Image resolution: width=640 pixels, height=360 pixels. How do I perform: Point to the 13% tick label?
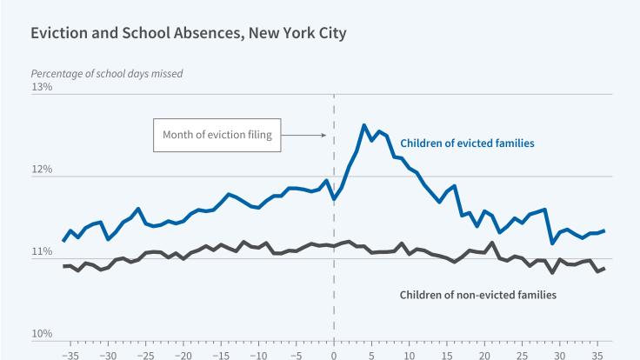42,88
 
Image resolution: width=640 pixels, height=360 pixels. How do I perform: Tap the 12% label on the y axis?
42,170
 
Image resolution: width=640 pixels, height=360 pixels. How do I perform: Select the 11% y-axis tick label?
42,252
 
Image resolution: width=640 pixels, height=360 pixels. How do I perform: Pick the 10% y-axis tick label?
42,334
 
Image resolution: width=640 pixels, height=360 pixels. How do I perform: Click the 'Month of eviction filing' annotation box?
217,135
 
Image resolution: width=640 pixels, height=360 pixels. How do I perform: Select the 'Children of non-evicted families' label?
477,295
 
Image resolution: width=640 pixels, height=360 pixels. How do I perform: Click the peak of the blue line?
364,125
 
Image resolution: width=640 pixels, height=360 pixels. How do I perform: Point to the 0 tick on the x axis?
334,355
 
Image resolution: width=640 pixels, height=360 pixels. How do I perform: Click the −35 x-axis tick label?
70,355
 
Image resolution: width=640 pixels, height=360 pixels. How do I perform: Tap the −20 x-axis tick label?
183,355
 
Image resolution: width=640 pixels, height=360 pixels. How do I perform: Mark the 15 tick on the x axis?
447,355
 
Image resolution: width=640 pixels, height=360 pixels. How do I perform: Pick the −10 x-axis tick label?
258,355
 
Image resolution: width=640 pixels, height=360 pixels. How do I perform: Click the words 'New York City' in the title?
297,35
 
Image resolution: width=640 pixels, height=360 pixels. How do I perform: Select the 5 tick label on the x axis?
371,355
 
